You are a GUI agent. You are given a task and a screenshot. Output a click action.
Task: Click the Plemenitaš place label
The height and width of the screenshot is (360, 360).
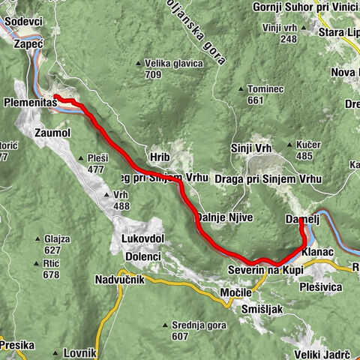pyautogui.click(x=29, y=101)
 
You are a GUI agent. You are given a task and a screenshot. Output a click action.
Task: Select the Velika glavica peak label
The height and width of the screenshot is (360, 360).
pyautogui.click(x=175, y=64)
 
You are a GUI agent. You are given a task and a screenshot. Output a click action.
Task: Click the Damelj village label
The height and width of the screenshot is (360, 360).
pyautogui.click(x=303, y=219)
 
